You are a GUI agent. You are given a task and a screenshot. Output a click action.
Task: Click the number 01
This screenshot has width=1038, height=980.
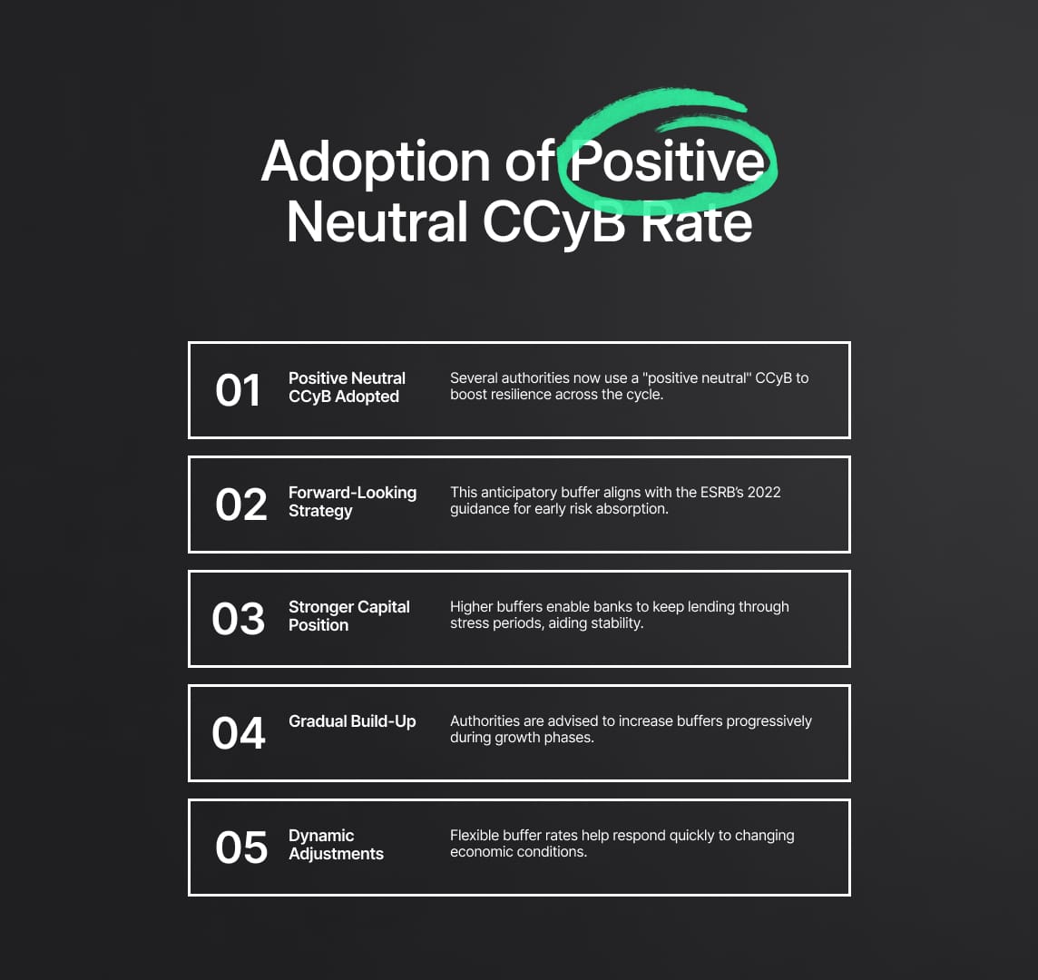[239, 390]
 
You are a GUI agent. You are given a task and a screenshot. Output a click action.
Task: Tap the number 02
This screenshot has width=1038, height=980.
[241, 505]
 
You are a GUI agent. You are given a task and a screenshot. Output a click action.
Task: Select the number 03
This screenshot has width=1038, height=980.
[239, 619]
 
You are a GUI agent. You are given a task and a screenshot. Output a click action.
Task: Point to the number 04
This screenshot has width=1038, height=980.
[239, 734]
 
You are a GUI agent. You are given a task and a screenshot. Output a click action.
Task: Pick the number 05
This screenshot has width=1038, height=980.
[241, 848]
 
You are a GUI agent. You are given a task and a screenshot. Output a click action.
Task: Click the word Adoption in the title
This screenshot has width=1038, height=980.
[376, 162]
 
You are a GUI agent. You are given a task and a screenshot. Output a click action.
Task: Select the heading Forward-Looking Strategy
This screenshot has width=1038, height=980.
[352, 502]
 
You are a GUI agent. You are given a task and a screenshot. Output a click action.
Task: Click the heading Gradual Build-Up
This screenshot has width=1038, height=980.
[352, 721]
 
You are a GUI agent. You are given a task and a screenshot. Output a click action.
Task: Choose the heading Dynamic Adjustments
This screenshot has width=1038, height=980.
[337, 845]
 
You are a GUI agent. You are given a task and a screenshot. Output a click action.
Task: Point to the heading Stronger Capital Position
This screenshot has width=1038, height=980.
[348, 616]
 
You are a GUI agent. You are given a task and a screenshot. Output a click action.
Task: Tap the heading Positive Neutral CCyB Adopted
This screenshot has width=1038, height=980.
[347, 387]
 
